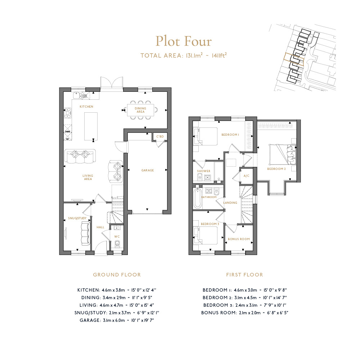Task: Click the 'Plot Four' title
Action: [184, 41]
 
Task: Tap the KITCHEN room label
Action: [86, 107]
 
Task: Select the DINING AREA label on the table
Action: [140, 110]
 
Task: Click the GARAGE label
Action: [147, 170]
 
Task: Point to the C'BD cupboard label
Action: [160, 136]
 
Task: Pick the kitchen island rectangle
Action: [91, 126]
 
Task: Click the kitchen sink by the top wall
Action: [77, 95]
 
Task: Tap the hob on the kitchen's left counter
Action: [68, 113]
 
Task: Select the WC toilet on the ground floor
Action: [117, 243]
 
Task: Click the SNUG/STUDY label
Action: [77, 218]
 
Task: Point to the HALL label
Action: [100, 227]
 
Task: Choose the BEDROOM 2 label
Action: [276, 169]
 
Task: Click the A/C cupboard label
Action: [246, 176]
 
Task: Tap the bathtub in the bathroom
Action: [197, 198]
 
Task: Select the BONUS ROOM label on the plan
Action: [239, 239]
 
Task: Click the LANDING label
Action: [230, 203]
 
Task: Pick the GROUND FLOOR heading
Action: [117, 275]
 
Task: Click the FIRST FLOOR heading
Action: [244, 275]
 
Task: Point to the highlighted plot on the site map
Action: [294, 59]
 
